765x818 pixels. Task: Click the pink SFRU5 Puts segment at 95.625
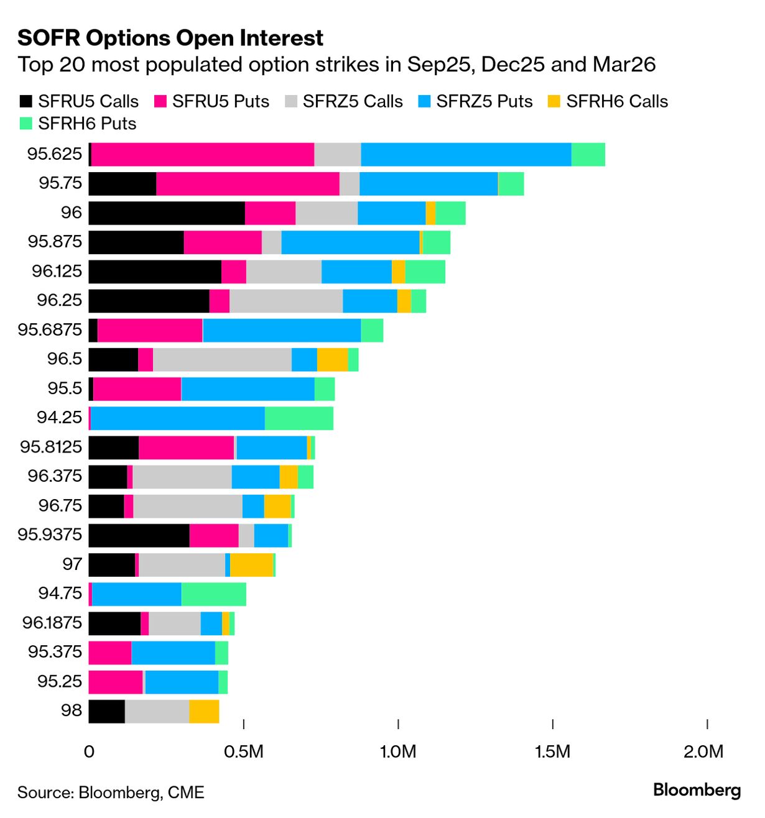tap(203, 154)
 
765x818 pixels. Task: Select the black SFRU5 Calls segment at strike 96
tap(167, 213)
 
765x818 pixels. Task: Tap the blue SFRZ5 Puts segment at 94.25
tap(178, 418)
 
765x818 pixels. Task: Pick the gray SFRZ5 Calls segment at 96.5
tap(222, 359)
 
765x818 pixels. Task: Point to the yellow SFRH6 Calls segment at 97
tap(252, 564)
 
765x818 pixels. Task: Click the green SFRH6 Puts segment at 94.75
tap(214, 594)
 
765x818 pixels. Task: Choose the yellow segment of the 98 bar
tap(204, 711)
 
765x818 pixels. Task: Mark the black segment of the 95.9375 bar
tap(139, 535)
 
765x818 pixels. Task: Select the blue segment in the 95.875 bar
tap(350, 242)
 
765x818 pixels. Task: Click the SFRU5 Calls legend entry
tap(79, 101)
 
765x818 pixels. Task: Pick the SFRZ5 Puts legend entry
tap(476, 101)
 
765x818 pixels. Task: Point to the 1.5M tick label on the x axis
tap(552, 751)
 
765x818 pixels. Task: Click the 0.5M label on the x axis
tap(244, 751)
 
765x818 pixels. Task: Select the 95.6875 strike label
tap(50, 329)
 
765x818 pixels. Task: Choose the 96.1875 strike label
tap(52, 622)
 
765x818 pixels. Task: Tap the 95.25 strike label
tap(59, 681)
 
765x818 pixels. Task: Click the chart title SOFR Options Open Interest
tap(170, 38)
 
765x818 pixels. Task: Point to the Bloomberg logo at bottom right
tap(697, 790)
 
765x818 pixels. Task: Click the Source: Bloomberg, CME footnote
tap(111, 793)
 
